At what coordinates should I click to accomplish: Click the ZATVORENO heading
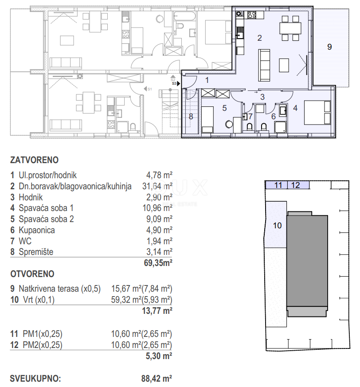coord(34,160)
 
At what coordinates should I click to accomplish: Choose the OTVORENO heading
coord(32,274)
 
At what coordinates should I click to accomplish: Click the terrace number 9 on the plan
coord(329,47)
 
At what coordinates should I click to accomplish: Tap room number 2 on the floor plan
coord(260,38)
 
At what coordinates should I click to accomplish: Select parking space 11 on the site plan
coord(278,185)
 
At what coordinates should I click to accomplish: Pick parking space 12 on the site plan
coord(296,185)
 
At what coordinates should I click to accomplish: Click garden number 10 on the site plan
coord(277,225)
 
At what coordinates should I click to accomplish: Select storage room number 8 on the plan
coord(191,117)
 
